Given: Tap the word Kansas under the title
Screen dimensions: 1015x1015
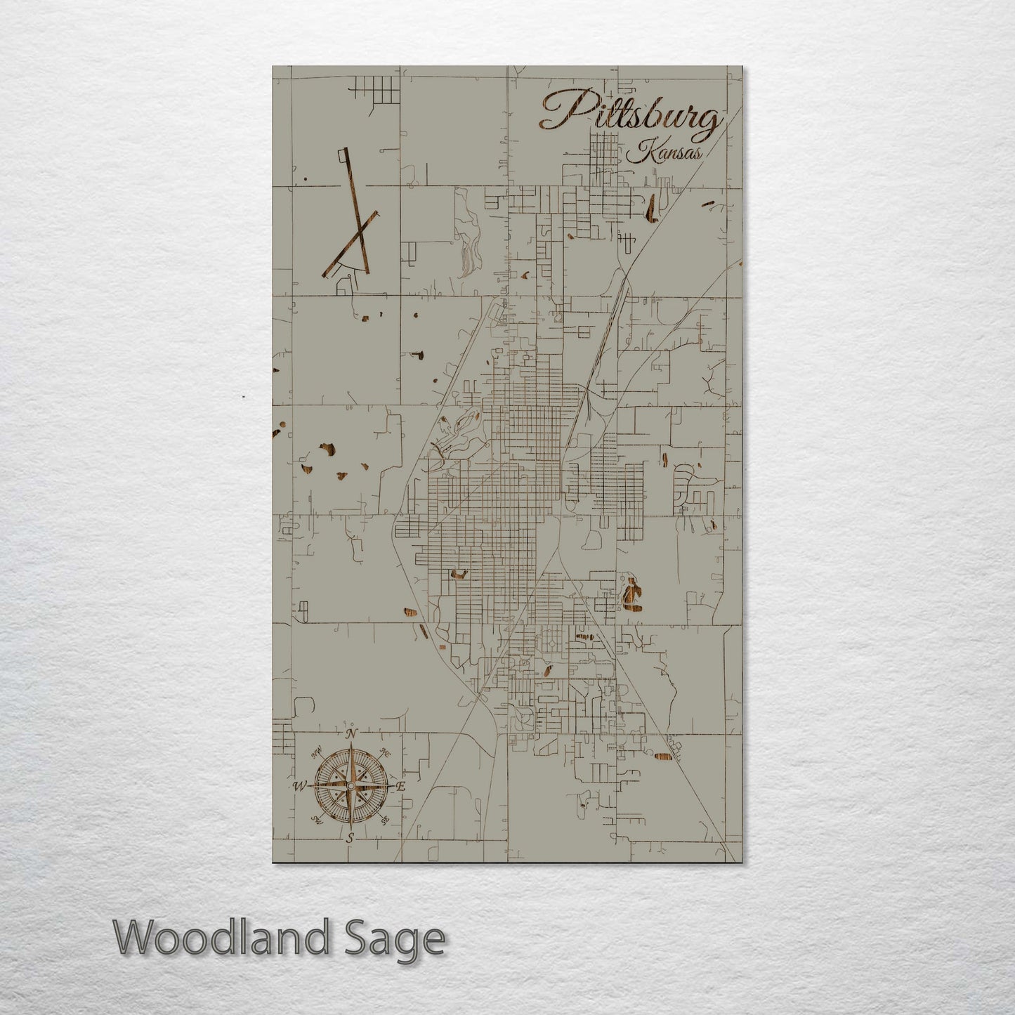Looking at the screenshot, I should tap(666, 153).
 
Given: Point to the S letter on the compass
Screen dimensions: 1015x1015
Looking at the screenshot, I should tap(349, 837).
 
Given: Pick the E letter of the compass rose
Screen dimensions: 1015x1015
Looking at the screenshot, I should tap(401, 787).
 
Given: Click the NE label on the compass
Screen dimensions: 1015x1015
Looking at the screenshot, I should tap(384, 752).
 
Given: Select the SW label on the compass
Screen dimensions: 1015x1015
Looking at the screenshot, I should tap(316, 820).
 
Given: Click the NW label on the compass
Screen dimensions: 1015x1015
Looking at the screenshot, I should tap(317, 751).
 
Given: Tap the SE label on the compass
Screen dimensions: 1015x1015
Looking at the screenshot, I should tap(384, 820).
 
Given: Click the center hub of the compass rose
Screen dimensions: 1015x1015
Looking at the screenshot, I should tap(350, 785).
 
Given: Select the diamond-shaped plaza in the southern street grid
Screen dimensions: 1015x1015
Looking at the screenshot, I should tap(552, 643).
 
